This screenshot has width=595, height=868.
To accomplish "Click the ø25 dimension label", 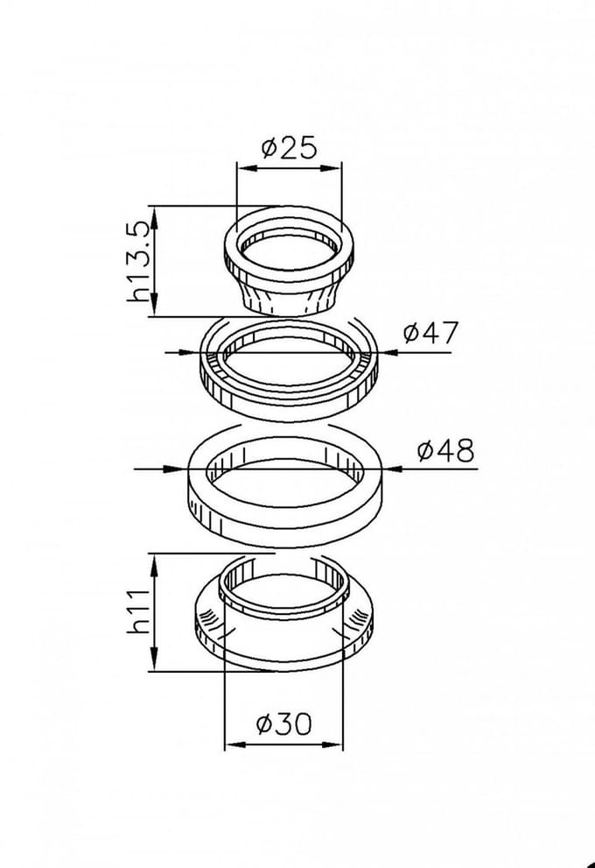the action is pyautogui.click(x=290, y=147).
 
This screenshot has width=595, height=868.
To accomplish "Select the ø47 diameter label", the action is pyautogui.click(x=430, y=332).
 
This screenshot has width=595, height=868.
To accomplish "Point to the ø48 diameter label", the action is pyautogui.click(x=445, y=450).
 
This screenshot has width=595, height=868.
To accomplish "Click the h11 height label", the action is pyautogui.click(x=139, y=610).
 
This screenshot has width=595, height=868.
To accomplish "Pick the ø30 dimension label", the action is pyautogui.click(x=284, y=723).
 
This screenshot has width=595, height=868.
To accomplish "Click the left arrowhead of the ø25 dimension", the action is pyautogui.click(x=246, y=168).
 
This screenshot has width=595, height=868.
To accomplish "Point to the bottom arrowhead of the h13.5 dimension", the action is pyautogui.click(x=156, y=307).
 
